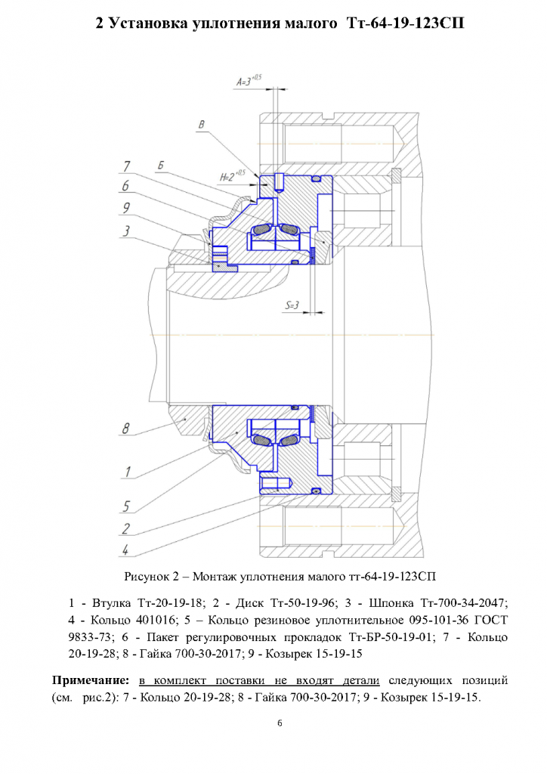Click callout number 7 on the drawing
127,166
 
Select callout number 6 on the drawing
125,186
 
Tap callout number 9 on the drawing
126,208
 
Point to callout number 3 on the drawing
126,231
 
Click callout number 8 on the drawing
125,428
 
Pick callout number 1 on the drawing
127,472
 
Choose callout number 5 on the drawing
126,506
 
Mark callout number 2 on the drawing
125,528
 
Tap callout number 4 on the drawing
125,550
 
